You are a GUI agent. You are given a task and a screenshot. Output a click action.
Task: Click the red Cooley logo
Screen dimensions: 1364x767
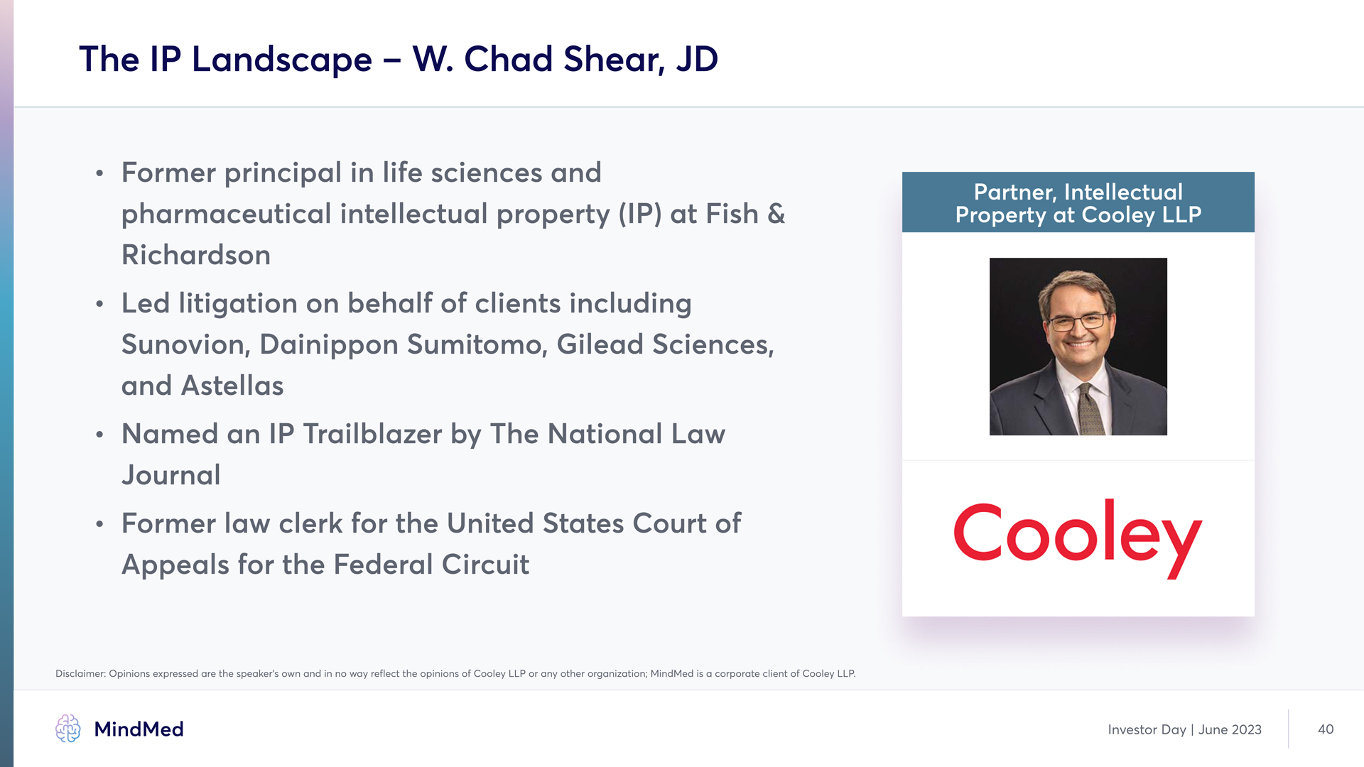[1078, 538]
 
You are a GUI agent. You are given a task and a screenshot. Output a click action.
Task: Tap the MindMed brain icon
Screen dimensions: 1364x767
[68, 729]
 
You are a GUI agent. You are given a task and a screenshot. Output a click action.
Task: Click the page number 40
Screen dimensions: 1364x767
[1326, 729]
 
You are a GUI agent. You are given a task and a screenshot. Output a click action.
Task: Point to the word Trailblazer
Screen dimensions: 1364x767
[372, 434]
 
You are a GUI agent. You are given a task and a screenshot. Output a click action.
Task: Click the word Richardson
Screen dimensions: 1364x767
[196, 255]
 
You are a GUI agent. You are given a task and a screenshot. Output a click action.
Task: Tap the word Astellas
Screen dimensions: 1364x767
[232, 386]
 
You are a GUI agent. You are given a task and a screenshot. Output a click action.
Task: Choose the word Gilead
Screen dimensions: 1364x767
[600, 344]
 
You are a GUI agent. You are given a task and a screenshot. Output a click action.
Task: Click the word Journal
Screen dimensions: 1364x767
[171, 475]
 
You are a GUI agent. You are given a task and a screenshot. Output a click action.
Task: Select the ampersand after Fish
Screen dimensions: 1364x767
[776, 214]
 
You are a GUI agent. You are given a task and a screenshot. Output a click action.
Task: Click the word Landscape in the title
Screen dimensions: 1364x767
[281, 60]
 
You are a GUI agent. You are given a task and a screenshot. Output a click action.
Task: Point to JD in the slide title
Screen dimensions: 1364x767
[697, 59]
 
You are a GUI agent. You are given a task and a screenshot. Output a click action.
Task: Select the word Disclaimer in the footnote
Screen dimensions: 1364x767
[80, 673]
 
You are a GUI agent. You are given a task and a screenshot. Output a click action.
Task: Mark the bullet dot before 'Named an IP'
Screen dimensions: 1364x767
[100, 435]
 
